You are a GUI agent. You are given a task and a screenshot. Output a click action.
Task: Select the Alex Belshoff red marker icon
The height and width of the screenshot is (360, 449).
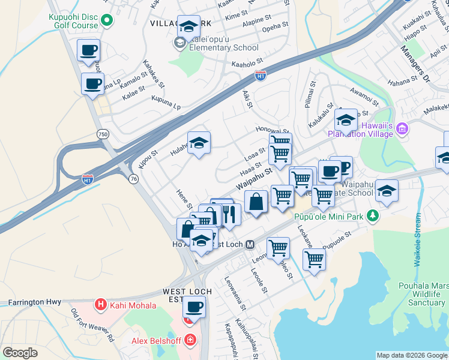click(190, 341)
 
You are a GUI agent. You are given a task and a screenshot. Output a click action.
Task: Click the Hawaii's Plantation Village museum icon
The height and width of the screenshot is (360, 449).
click(402, 129)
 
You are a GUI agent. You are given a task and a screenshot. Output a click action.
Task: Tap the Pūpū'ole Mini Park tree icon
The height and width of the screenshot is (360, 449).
click(373, 215)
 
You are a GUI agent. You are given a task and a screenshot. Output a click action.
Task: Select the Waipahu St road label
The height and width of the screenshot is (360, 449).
click(255, 179)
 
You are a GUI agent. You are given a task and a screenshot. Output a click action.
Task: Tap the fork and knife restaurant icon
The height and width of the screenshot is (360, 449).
click(229, 213)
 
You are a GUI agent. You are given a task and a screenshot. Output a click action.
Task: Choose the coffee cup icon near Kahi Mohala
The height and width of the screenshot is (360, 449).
click(193, 307)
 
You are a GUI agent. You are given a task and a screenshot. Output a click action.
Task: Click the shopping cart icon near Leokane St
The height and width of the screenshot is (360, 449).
click(313, 260)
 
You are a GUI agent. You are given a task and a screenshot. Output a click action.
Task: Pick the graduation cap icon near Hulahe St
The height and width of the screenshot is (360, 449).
click(199, 143)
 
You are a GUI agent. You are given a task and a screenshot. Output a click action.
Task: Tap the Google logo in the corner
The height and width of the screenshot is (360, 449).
click(20, 353)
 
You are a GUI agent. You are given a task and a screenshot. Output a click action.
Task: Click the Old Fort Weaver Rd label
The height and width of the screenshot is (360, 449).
click(93, 327)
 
